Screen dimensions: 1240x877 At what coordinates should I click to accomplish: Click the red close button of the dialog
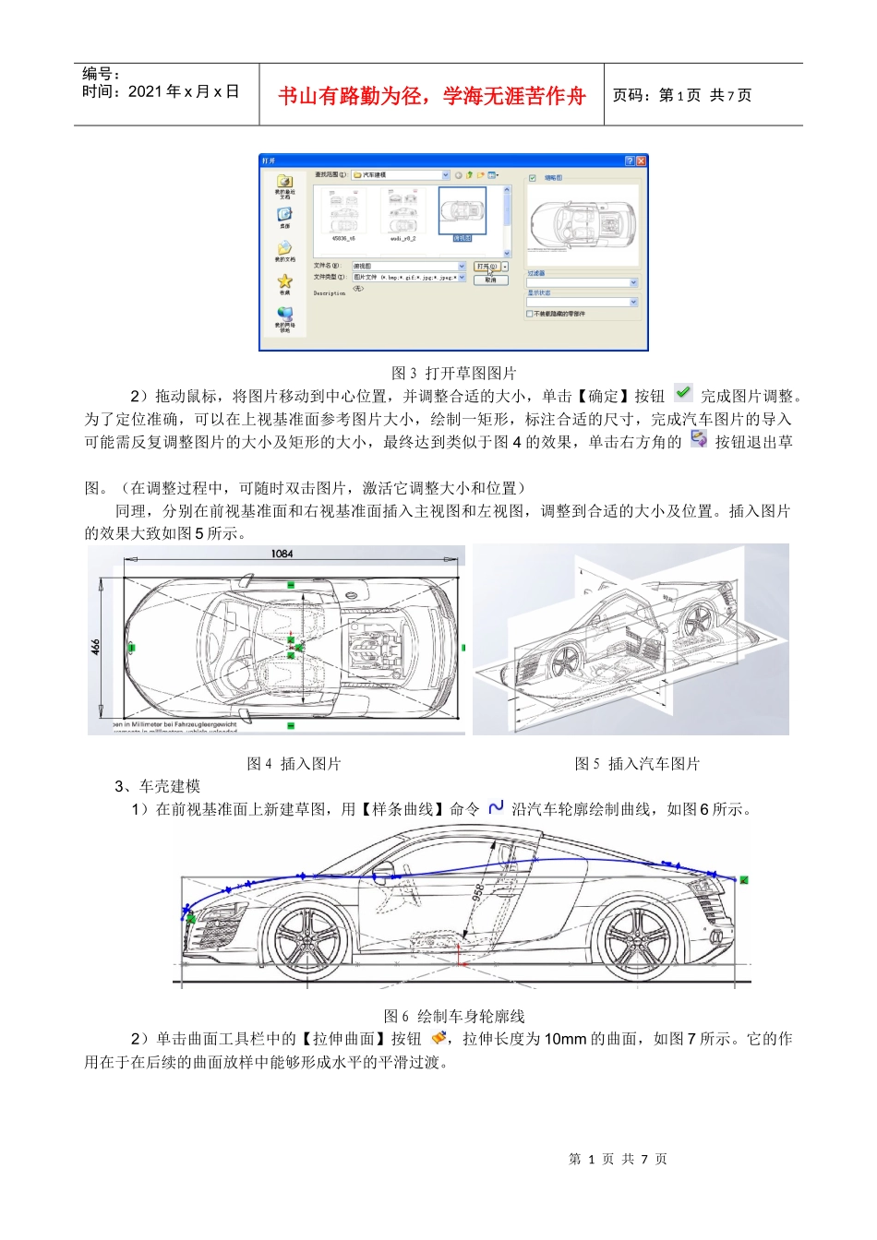642,161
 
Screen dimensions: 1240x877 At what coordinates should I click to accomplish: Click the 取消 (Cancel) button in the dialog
490,280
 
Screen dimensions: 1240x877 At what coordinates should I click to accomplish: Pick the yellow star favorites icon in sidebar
284,280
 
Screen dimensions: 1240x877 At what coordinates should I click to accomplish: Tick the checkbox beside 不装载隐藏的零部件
531,314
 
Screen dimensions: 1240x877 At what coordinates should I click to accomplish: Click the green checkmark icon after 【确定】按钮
682,393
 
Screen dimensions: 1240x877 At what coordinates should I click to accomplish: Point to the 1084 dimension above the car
282,554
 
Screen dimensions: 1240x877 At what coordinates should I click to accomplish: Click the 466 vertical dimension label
96,647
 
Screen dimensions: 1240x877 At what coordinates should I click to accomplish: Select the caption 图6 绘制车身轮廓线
453,1016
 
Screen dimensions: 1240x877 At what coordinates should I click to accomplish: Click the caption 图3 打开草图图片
453,373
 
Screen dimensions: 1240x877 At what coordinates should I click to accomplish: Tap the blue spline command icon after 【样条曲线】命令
496,807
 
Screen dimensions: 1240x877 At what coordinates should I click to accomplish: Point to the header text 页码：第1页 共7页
682,95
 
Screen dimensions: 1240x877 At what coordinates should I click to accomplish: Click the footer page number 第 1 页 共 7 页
618,1159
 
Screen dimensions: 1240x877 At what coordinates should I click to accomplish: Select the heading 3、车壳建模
157,786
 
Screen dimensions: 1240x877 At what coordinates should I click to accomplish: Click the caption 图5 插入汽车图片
637,763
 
